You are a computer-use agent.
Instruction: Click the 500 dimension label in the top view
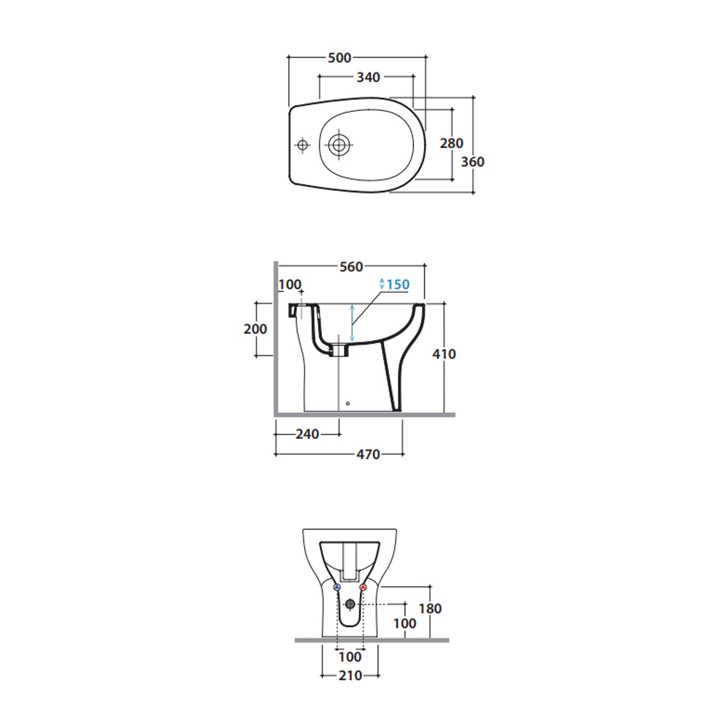pos(339,58)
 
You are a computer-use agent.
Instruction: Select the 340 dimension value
pos(368,77)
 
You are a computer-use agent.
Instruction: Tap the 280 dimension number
pos(451,143)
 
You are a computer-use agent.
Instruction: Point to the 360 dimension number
pos(472,162)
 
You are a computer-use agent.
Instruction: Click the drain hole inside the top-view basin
pos(339,144)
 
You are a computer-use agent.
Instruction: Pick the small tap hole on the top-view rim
pos(303,144)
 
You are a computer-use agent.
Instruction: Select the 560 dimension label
pos(351,267)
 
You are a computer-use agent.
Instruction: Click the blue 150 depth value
pos(398,284)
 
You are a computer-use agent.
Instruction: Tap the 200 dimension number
pos(255,329)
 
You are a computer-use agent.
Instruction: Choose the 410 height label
pos(444,354)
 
